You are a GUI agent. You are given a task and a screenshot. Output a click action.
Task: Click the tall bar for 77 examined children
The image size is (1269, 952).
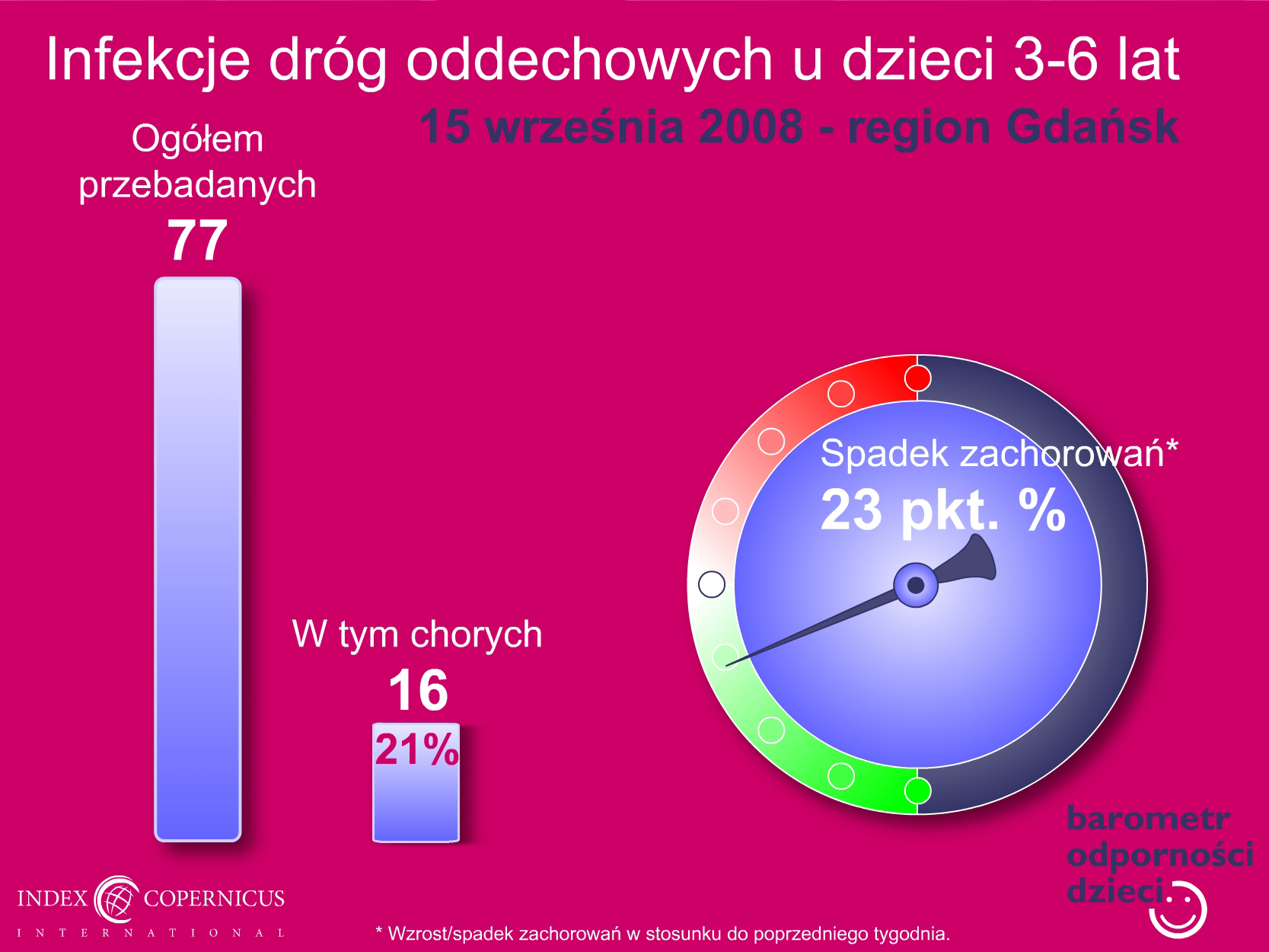(x=198, y=559)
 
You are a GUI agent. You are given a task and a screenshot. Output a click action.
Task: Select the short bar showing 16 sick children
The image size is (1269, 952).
(x=416, y=782)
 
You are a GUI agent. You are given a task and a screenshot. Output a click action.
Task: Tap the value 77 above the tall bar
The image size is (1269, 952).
(x=197, y=240)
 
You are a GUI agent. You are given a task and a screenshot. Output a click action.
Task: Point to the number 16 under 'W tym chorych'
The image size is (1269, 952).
(x=418, y=690)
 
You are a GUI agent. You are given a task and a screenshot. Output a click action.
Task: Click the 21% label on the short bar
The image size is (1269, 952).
(x=417, y=749)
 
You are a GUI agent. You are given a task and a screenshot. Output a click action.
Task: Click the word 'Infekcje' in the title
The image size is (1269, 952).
(x=148, y=60)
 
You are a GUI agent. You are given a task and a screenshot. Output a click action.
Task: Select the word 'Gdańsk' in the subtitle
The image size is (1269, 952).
(x=1092, y=127)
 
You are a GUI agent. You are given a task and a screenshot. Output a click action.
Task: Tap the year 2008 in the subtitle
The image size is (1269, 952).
(x=751, y=127)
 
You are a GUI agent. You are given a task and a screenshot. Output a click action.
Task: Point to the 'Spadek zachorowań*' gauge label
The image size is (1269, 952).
(x=999, y=453)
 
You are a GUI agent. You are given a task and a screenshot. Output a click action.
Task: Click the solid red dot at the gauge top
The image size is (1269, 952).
(x=917, y=379)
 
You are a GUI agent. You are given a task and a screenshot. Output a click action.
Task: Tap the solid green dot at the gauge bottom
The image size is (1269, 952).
(x=917, y=791)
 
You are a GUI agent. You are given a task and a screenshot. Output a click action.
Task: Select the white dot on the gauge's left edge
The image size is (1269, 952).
(x=712, y=584)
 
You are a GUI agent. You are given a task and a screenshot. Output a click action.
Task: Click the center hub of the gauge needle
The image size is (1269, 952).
(x=916, y=586)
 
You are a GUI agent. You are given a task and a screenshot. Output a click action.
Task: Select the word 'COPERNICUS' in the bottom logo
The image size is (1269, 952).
(x=214, y=899)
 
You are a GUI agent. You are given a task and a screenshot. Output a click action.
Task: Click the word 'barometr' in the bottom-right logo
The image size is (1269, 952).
(x=1148, y=819)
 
